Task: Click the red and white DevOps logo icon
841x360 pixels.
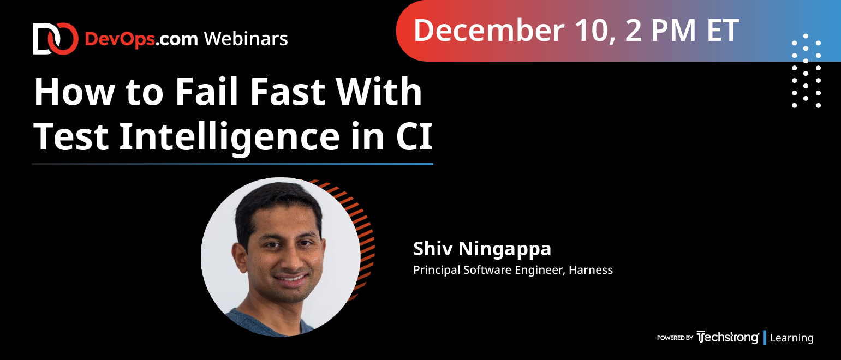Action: click(x=56, y=39)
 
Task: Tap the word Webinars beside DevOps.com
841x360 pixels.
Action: click(x=246, y=39)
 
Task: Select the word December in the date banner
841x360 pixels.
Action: click(x=489, y=31)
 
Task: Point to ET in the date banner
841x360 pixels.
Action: click(x=723, y=31)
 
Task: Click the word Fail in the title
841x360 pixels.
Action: click(x=207, y=91)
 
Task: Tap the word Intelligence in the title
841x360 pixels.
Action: click(x=230, y=137)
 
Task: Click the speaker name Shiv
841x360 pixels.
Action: click(x=432, y=248)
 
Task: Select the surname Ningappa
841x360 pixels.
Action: click(x=505, y=249)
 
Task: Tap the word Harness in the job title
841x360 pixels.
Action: click(x=591, y=270)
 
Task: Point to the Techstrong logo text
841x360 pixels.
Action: click(x=727, y=337)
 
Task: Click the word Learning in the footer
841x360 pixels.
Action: click(x=791, y=338)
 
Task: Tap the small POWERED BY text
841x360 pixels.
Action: click(x=675, y=338)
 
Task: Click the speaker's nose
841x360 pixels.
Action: click(x=291, y=261)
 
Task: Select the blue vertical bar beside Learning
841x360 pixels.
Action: click(x=765, y=338)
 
